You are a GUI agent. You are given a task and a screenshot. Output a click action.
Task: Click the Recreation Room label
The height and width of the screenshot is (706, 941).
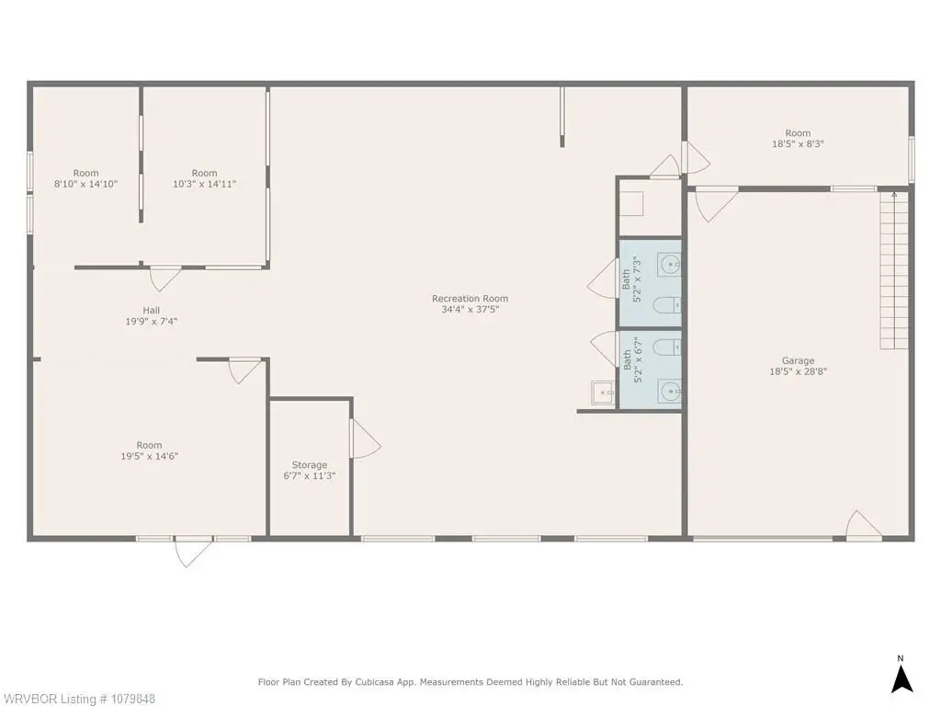click(470, 299)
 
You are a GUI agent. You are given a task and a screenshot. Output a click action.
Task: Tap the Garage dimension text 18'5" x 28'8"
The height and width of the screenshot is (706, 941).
click(799, 371)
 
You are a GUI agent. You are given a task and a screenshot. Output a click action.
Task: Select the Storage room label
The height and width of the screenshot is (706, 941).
click(310, 464)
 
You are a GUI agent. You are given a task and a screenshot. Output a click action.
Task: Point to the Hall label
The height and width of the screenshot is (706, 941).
click(152, 311)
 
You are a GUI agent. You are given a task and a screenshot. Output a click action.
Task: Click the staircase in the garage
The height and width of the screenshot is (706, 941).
click(894, 270)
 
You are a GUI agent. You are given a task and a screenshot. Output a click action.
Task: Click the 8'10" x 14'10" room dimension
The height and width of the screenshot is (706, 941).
click(85, 184)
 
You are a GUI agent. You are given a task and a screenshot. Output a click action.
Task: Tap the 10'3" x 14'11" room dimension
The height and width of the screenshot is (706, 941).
click(205, 184)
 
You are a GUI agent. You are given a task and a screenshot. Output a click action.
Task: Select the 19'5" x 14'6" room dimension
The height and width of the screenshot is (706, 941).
click(150, 456)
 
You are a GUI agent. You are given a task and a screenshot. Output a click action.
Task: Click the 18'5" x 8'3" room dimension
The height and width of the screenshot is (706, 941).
click(799, 144)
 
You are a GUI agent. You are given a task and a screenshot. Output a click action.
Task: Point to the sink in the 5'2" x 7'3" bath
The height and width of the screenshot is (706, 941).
click(669, 264)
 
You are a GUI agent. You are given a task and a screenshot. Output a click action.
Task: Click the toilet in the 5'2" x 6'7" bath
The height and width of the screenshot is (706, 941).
click(666, 347)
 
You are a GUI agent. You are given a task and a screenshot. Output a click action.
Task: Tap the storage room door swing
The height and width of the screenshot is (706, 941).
click(366, 438)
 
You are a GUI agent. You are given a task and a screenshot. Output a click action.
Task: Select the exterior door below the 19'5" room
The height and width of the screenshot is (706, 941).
click(193, 551)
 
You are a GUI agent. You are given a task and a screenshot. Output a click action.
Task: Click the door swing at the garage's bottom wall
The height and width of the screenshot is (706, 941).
click(864, 525)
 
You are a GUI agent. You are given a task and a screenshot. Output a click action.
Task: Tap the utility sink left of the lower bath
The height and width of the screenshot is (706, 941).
click(603, 393)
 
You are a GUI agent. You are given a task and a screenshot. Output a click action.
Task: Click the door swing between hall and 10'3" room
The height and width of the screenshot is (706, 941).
click(165, 279)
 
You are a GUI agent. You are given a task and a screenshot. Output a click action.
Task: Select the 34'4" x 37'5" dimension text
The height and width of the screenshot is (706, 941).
click(470, 310)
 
